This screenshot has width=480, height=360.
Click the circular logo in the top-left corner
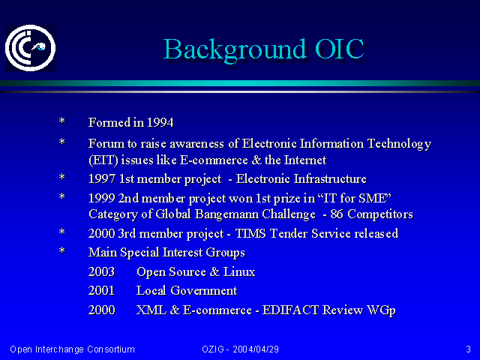pos(30,48)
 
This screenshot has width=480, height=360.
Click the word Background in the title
pos(235,50)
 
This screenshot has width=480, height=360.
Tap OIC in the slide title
pos(340,49)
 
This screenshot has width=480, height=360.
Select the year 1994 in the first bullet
pos(160,122)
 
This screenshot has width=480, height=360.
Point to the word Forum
pos(106,143)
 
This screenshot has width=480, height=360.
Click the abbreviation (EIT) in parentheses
pos(103,160)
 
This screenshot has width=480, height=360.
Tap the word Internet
pos(305,160)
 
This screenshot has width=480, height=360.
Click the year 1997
pos(102,178)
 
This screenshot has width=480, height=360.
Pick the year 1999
pos(102,198)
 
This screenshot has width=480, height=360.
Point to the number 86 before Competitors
pos(337,214)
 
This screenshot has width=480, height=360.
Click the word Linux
pos(238,271)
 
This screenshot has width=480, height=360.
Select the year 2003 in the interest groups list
pos(101,271)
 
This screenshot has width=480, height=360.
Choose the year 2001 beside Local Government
pos(101,290)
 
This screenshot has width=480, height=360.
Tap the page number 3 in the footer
pos(468,349)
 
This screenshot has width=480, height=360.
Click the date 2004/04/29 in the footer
pos(256,349)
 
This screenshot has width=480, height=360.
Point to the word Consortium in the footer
pos(111,349)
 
